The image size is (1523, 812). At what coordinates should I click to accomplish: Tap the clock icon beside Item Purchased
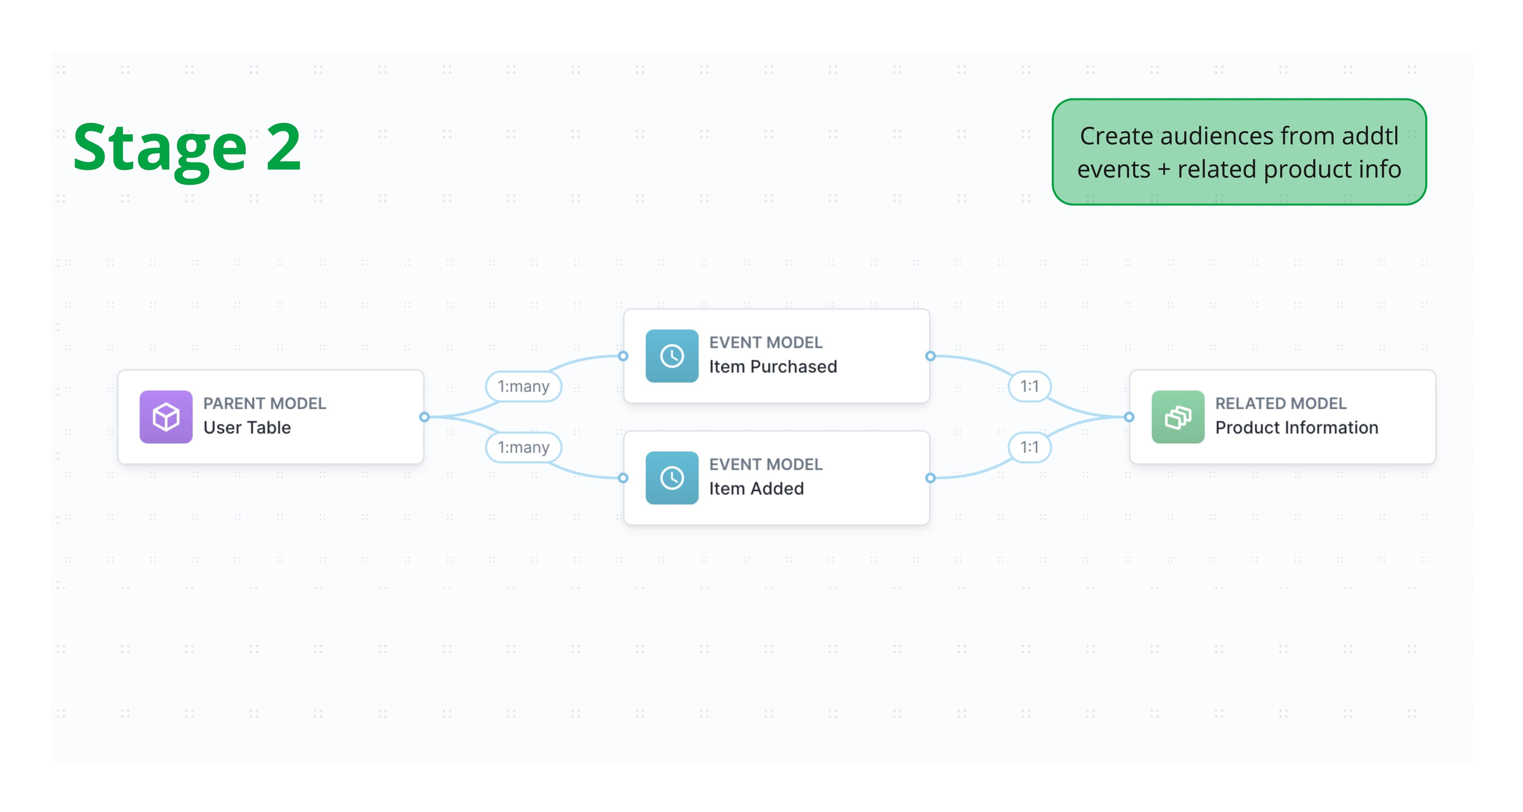671,356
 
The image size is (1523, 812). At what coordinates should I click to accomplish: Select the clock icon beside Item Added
671,478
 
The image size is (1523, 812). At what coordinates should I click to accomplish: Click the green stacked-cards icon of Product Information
1178,417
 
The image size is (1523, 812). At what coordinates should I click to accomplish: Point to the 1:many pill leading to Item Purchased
523,386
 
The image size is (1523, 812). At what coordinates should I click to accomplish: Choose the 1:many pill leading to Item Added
523,447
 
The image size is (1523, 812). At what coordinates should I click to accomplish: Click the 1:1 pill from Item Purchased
1029,386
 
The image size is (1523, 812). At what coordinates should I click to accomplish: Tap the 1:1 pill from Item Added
1029,447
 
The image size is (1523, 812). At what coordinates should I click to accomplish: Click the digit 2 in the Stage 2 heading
284,147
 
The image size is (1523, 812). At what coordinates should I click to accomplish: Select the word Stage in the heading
159,148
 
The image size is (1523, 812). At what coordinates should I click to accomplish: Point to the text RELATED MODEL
1281,403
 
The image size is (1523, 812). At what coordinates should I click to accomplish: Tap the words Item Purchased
773,367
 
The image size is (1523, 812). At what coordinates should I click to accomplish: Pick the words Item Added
756,489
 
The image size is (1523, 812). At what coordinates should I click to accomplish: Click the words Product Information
1297,427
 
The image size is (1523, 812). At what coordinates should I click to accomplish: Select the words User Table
247,427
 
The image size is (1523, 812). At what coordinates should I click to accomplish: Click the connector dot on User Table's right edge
424,417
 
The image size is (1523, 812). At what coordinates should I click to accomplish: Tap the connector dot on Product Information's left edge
1129,417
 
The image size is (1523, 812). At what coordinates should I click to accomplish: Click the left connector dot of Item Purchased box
623,356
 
